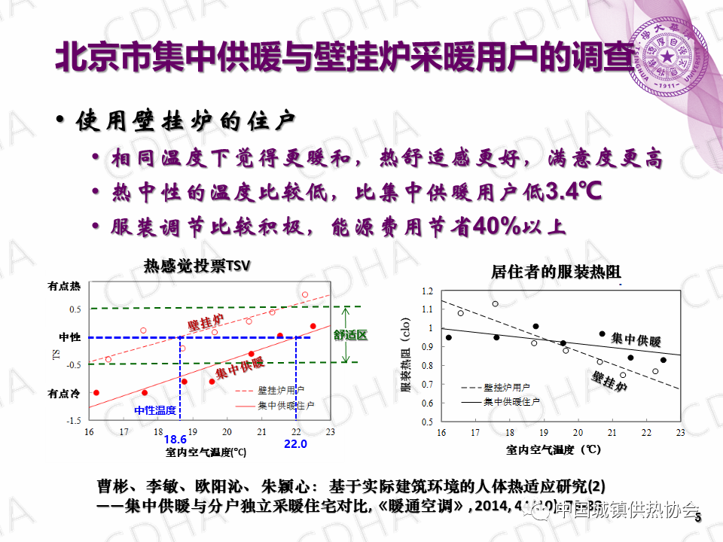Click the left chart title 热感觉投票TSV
196,266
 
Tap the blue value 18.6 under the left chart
175,440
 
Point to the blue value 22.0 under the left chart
296,444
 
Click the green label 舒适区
350,335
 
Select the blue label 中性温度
155,410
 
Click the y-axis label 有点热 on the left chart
64,286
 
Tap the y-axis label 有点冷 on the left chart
64,393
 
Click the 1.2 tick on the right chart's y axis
428,291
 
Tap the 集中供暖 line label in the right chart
636,340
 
